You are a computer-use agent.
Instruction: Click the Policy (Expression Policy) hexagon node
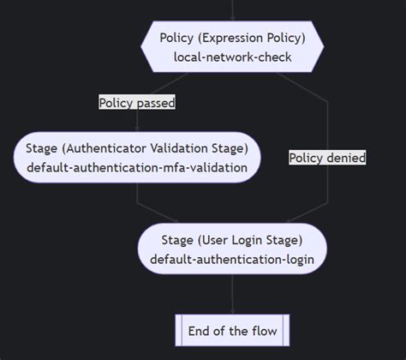point(232,47)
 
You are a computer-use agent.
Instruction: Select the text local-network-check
point(232,57)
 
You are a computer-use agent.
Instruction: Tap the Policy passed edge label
point(137,103)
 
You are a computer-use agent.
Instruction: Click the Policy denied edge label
point(327,157)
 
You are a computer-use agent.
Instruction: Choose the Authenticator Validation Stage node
point(137,156)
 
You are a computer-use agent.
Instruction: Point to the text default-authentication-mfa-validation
point(137,167)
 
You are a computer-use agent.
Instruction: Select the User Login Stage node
point(232,249)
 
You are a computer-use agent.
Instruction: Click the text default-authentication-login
point(232,259)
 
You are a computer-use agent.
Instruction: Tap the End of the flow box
point(232,330)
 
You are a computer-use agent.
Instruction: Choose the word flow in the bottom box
point(266,330)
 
